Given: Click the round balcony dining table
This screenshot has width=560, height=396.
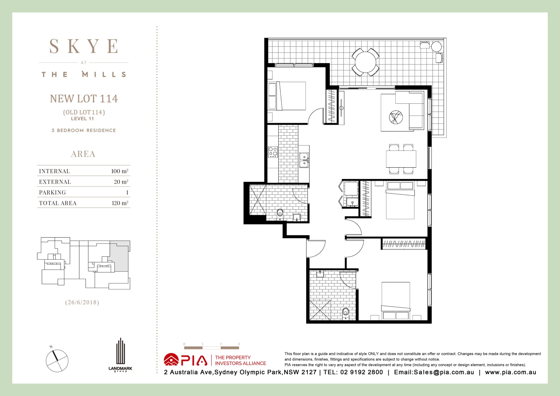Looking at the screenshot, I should pyautogui.click(x=365, y=62).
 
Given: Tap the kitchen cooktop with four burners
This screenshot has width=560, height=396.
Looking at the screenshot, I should pyautogui.click(x=273, y=152).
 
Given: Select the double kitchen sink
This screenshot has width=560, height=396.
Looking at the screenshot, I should pyautogui.click(x=304, y=160).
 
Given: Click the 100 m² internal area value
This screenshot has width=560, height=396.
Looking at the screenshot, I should pyautogui.click(x=120, y=171).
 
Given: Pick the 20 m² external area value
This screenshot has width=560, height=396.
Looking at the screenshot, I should pyautogui.click(x=121, y=182).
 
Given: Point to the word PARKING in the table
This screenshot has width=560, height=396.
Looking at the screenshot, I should pyautogui.click(x=52, y=192).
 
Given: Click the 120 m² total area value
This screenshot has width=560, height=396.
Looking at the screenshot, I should pyautogui.click(x=120, y=203).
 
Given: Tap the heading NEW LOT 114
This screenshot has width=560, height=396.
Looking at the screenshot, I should pyautogui.click(x=84, y=99).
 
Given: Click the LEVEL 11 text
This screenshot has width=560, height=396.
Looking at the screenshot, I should pyautogui.click(x=83, y=119).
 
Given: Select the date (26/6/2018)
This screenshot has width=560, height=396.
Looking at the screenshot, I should pyautogui.click(x=82, y=302).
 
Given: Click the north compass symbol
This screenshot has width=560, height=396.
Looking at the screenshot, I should pyautogui.click(x=57, y=360).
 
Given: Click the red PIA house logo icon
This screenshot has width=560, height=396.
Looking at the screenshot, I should pyautogui.click(x=171, y=360).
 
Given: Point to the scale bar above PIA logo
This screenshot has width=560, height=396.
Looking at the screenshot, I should pyautogui.click(x=211, y=347).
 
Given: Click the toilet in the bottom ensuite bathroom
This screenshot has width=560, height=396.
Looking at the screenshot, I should pyautogui.click(x=345, y=312).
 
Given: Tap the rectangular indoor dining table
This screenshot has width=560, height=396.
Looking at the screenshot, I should pyautogui.click(x=401, y=159).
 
